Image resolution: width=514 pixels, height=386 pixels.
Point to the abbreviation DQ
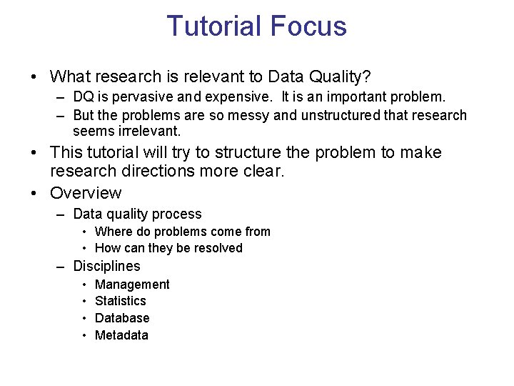84,96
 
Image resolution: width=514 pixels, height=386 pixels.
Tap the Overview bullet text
86,193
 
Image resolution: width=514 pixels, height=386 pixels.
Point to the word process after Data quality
180,214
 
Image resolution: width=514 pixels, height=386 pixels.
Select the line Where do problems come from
182,232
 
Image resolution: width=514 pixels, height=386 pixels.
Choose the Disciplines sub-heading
106,266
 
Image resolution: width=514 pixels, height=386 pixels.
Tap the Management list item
132,284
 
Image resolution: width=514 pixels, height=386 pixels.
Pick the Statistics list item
120,301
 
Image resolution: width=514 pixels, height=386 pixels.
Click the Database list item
122,318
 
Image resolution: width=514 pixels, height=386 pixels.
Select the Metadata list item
121,335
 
